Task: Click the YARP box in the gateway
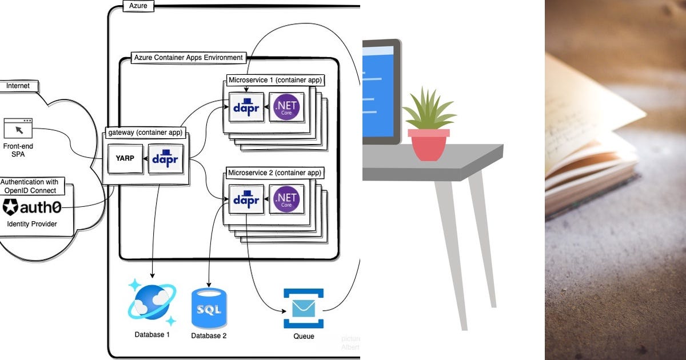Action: [x=125, y=158]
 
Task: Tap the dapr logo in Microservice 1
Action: [x=246, y=107]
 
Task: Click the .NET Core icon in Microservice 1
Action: [x=287, y=107]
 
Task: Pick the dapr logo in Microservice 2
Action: [x=246, y=199]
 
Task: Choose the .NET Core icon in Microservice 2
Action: [x=287, y=199]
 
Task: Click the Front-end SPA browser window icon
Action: [x=18, y=128]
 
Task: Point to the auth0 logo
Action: [x=32, y=207]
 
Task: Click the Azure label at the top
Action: [x=135, y=5]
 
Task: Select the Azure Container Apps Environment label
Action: [x=188, y=58]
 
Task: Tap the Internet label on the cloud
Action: [x=18, y=86]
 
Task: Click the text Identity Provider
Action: [x=32, y=224]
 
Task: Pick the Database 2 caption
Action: [x=209, y=336]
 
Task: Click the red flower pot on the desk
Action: [x=428, y=145]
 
